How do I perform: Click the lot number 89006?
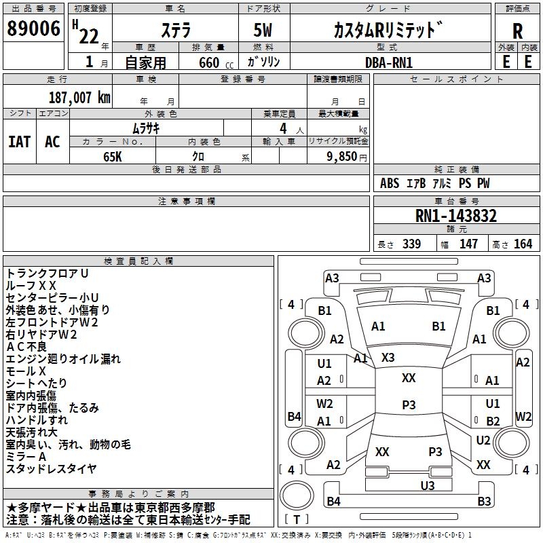[x=33, y=29]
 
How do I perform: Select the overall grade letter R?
[x=517, y=31]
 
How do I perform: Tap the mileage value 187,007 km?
[x=80, y=97]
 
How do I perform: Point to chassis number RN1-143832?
[x=455, y=216]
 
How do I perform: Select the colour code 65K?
[x=112, y=155]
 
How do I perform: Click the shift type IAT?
[x=19, y=142]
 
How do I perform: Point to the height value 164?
[x=523, y=244]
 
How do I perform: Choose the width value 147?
[x=468, y=244]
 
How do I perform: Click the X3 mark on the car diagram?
[x=388, y=357]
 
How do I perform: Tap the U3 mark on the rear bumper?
[x=427, y=485]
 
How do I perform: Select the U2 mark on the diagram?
[x=483, y=441]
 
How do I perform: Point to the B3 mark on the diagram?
[x=483, y=502]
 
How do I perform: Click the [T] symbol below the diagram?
[x=297, y=519]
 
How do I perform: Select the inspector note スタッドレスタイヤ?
[x=51, y=468]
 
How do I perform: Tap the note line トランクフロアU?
[x=47, y=273]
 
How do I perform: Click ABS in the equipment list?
[x=390, y=183]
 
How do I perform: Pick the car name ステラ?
[x=175, y=31]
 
